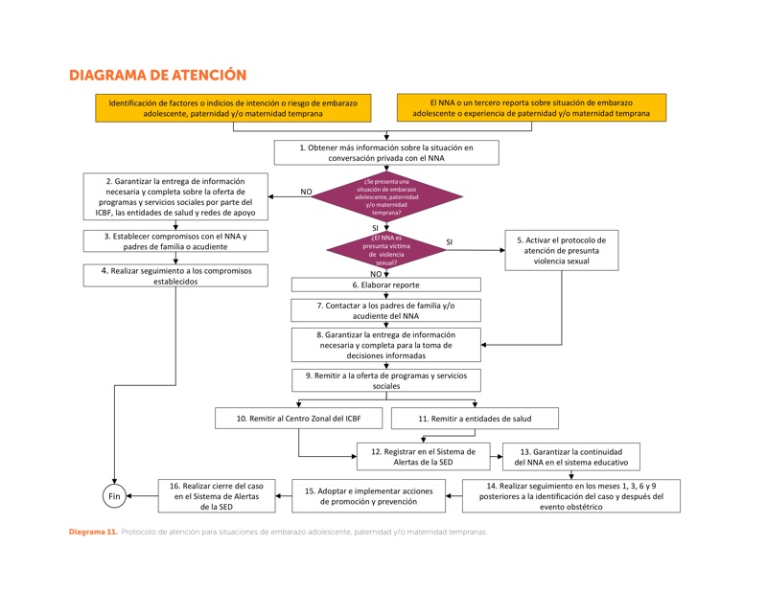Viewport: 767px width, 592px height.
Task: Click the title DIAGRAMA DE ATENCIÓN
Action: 158,75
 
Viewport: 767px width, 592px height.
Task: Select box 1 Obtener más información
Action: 385,152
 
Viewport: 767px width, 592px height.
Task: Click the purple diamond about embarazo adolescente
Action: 385,196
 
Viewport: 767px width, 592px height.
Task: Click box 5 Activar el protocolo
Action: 561,249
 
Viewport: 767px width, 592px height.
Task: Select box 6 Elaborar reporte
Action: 385,285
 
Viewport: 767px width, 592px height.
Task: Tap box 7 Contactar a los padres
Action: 385,309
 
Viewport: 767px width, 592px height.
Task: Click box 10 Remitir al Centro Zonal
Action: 300,419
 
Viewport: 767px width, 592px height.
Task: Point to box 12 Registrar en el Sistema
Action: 424,456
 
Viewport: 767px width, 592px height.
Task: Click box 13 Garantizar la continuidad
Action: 571,456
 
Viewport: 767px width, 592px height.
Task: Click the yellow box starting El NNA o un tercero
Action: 531,107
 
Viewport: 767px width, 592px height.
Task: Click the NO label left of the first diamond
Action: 306,192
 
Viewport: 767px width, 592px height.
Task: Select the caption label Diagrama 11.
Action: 92,532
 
